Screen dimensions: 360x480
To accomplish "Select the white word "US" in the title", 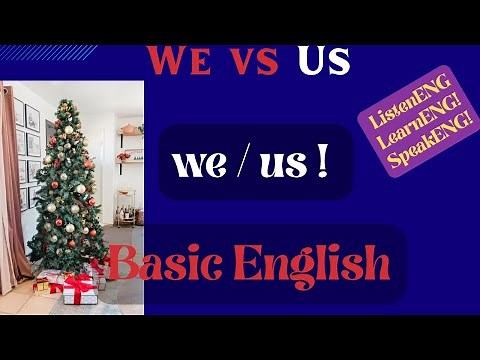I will coord(323,59).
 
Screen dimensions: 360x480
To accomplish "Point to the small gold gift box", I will coord(42,286).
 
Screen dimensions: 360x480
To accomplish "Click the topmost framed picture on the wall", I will coord(32,118).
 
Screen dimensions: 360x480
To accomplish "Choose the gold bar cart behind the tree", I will coord(128,206).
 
